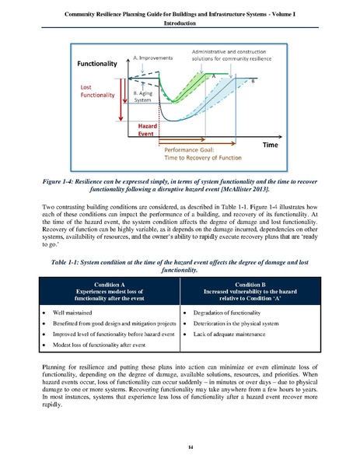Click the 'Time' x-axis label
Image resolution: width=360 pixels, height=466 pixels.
coord(271,145)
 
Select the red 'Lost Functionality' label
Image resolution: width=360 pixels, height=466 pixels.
coord(99,91)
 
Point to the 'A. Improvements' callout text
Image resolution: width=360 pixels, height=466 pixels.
coord(155,58)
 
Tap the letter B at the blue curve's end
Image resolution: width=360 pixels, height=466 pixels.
coord(253,80)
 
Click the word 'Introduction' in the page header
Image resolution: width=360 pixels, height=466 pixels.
coord(180,23)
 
